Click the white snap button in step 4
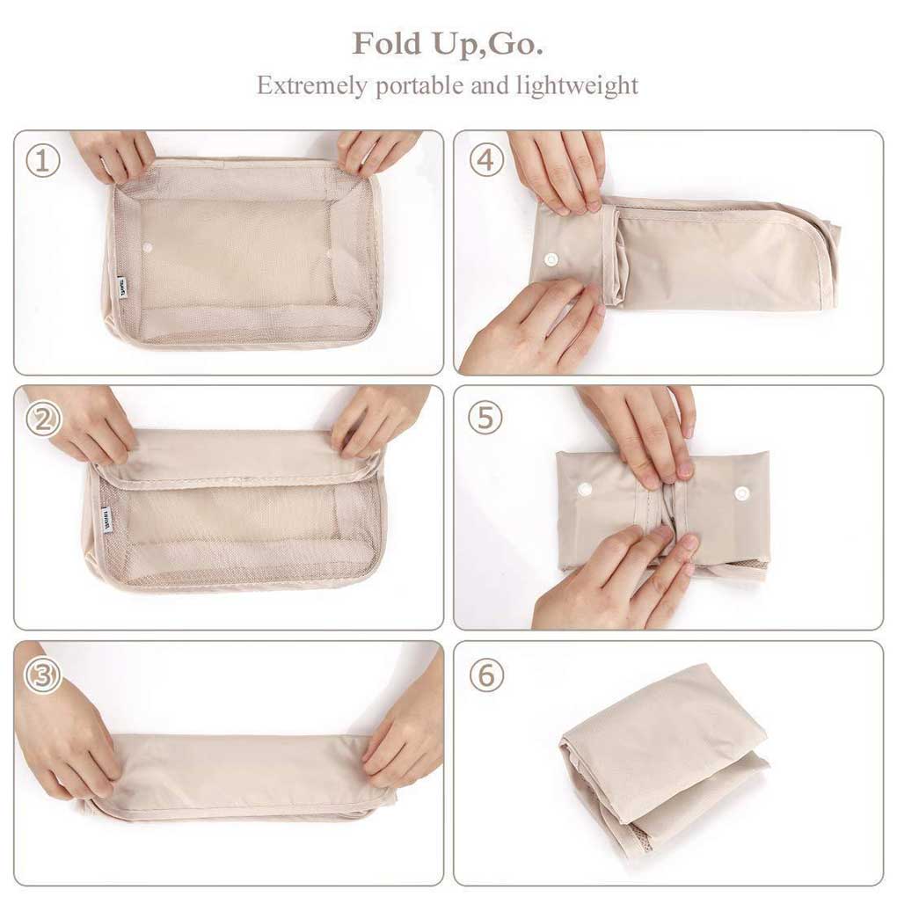pos(553,259)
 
